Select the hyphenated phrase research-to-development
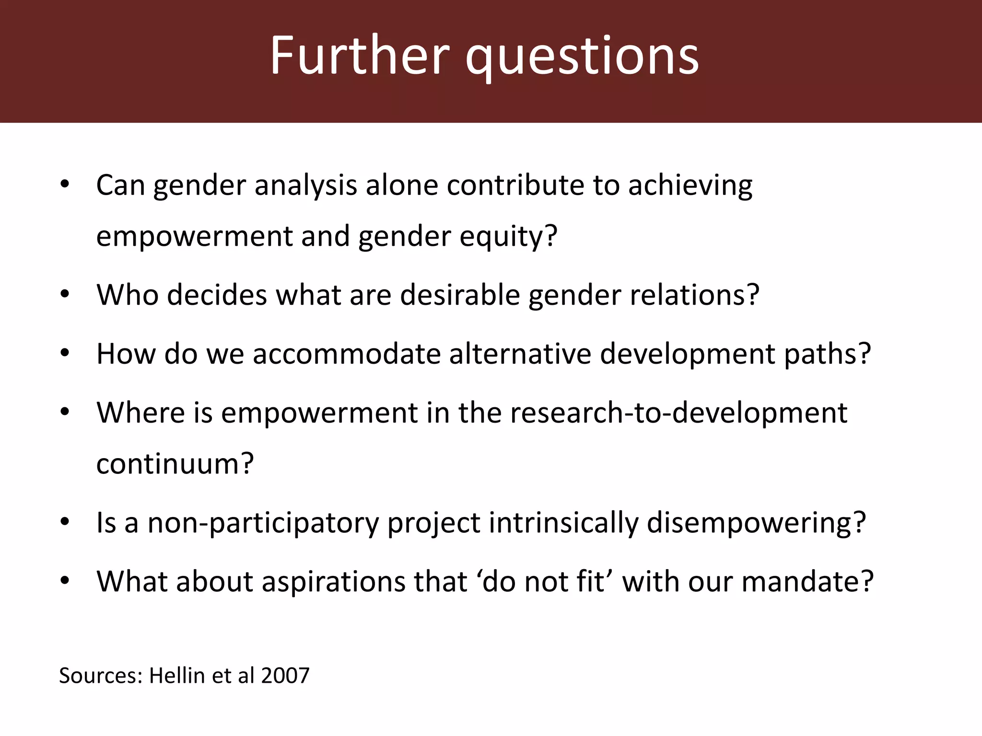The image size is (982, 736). [678, 413]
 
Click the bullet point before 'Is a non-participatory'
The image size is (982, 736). [65, 522]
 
